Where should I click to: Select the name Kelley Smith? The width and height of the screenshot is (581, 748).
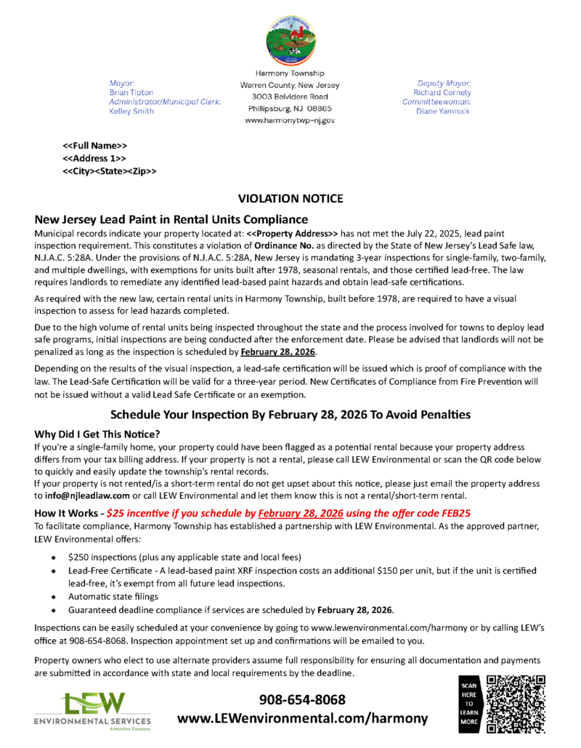(131, 111)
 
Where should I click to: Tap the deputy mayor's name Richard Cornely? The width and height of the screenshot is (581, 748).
(442, 93)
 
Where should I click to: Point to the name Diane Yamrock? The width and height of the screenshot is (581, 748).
(443, 111)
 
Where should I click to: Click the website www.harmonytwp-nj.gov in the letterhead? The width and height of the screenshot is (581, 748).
(290, 120)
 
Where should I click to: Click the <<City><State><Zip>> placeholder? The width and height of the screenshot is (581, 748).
(110, 171)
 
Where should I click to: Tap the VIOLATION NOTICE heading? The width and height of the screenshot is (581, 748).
(290, 198)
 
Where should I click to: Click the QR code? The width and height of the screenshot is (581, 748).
(515, 703)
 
